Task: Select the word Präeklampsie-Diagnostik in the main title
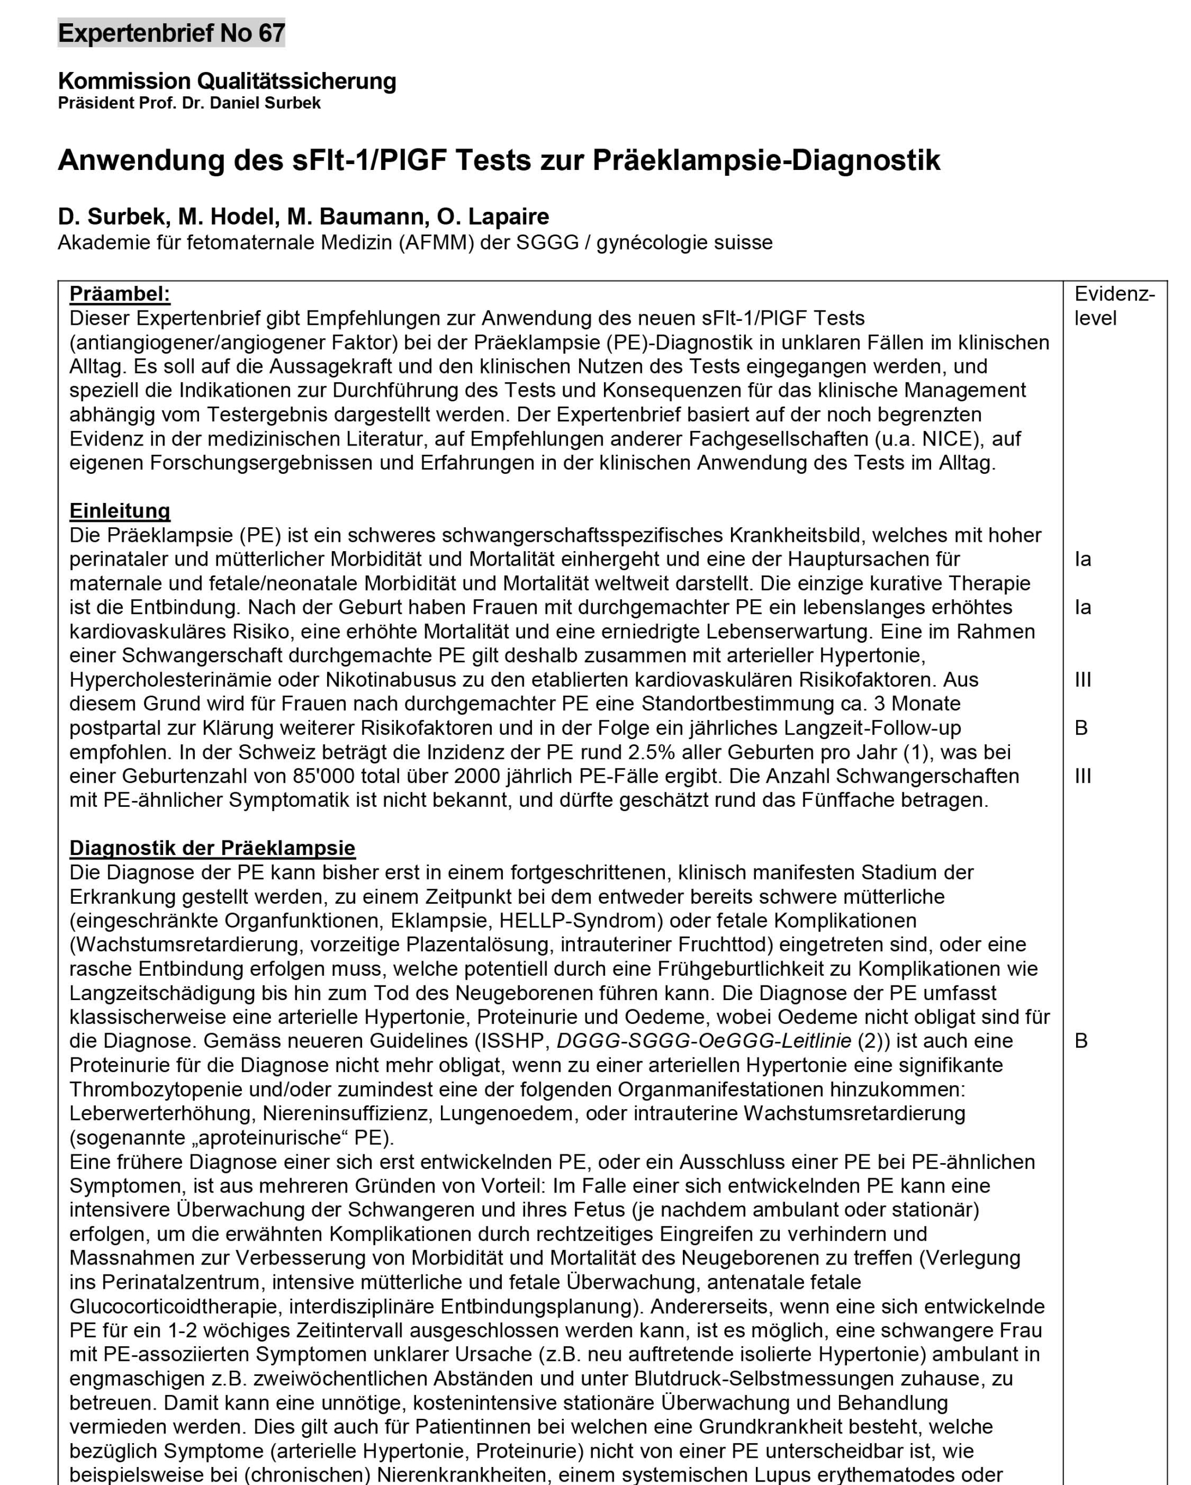[766, 161]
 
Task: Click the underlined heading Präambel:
[120, 294]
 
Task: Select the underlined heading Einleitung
[120, 510]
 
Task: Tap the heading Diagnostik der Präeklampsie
[212, 848]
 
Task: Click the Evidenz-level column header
[1114, 306]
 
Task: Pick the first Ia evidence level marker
[1083, 559]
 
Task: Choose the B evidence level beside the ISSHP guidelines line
[1081, 1041]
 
